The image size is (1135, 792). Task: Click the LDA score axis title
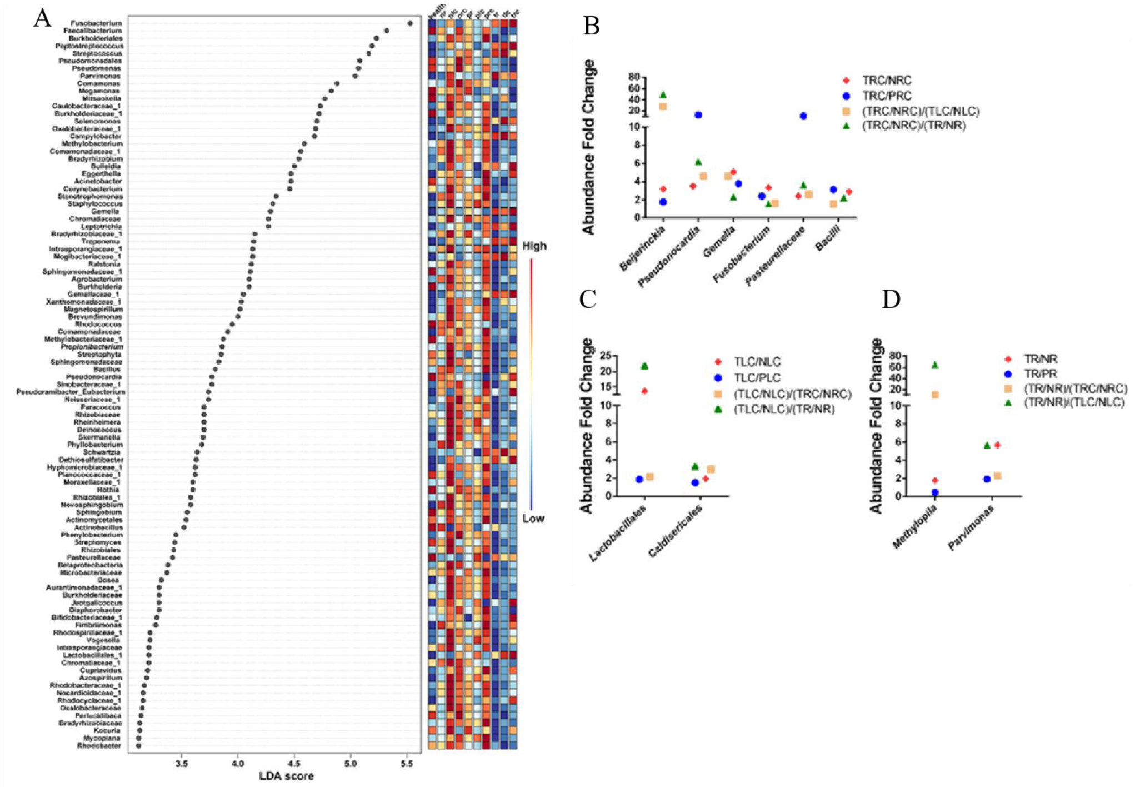click(286, 776)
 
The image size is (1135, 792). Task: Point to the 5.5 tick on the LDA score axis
click(407, 764)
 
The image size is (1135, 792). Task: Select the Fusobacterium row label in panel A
click(96, 23)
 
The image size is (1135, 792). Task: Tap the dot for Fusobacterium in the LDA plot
click(410, 23)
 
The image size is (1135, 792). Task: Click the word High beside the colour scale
click(534, 246)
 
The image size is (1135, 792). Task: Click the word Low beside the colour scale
click(533, 518)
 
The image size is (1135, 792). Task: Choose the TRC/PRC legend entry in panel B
click(887, 96)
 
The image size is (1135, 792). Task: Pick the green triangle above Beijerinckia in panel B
click(663, 95)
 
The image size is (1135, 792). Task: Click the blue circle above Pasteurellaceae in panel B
click(803, 116)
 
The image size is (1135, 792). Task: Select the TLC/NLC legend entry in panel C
click(757, 362)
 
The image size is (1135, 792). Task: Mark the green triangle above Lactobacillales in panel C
click(644, 366)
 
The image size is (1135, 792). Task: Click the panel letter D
click(891, 299)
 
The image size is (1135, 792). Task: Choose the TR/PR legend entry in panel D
click(1040, 374)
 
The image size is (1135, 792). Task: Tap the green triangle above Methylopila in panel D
click(935, 365)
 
